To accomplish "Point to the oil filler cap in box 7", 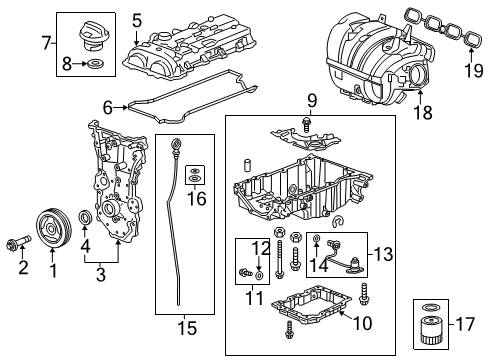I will [x=92, y=35].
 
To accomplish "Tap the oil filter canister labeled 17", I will [x=434, y=336].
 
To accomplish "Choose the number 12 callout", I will [x=258, y=247].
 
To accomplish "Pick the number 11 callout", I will [x=256, y=297].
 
